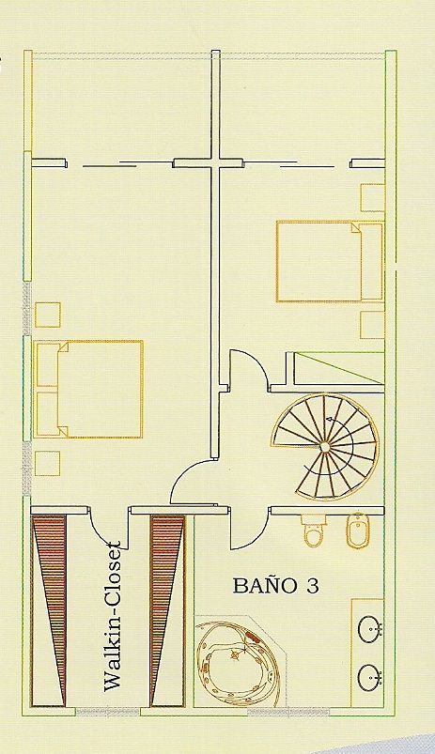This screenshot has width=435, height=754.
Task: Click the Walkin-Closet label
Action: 113,617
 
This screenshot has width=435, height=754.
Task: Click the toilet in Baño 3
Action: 314,531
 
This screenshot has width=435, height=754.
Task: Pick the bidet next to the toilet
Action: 357,531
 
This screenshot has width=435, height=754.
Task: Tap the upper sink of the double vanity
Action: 370,628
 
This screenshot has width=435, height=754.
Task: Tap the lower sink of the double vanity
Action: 370,678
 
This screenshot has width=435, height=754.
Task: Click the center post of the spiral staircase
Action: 325,447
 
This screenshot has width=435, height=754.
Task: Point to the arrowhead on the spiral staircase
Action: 329,420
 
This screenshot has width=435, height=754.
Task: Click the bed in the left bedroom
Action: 89,389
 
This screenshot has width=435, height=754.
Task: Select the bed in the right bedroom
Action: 330,261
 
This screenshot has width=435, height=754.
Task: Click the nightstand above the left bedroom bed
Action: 48,315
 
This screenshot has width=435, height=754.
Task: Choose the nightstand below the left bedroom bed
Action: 48,464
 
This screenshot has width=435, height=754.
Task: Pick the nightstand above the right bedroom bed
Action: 372,197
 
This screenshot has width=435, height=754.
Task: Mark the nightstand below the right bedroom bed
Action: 372,325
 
